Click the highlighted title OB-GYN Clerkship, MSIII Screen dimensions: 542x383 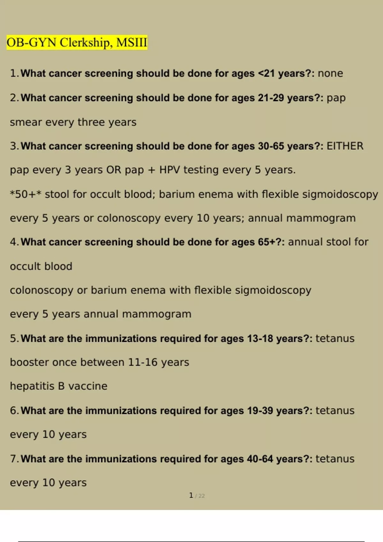(x=77, y=42)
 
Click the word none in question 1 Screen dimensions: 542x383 (x=330, y=73)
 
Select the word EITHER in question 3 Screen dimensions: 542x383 (x=345, y=146)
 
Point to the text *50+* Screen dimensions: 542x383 (x=26, y=194)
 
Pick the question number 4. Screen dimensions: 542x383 (x=14, y=242)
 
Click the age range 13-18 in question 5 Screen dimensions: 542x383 (x=260, y=338)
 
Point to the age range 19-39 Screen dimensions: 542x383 (x=260, y=411)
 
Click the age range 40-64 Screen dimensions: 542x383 (x=260, y=459)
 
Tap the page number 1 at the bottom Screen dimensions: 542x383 (x=191, y=495)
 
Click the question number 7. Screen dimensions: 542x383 (x=14, y=459)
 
